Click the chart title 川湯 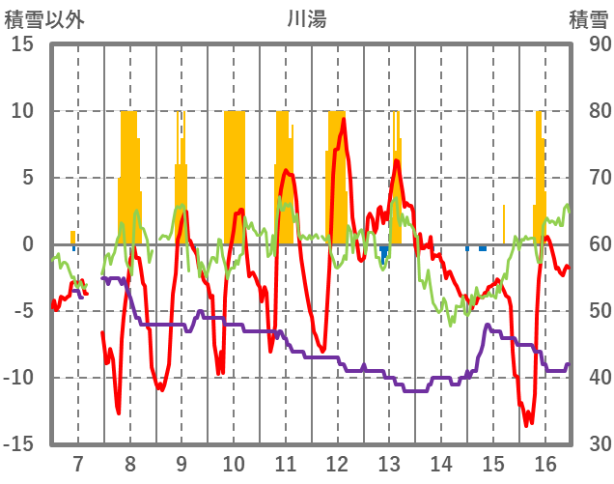[306, 19]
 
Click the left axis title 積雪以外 [44, 19]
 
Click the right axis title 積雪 [588, 19]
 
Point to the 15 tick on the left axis [22, 44]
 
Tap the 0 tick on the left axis [28, 244]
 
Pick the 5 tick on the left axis [28, 178]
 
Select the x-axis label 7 [77, 462]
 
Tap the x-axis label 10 [233, 462]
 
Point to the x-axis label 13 [389, 462]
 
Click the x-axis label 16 [545, 462]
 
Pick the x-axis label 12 [337, 462]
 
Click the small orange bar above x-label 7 [72, 237]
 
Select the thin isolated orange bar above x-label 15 [503, 224]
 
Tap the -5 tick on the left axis [24, 311]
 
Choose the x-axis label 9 [181, 462]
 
